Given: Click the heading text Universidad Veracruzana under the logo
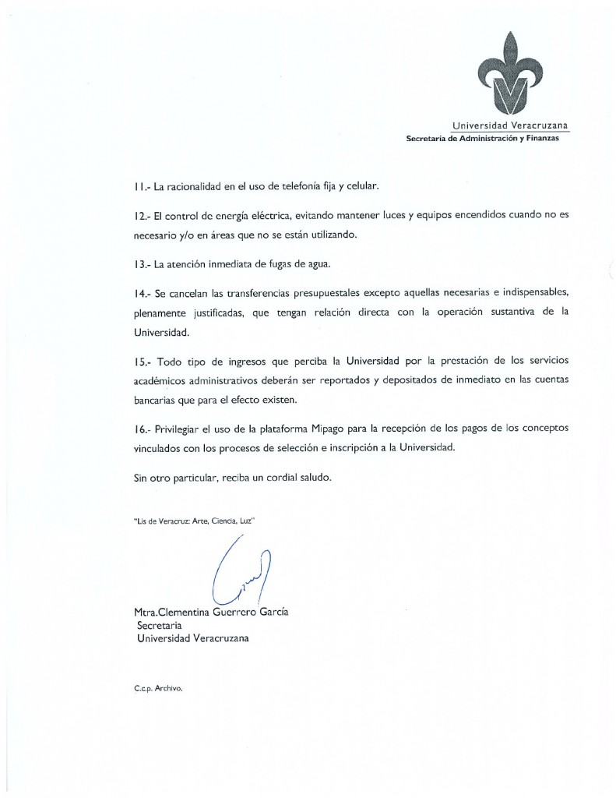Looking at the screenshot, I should pyautogui.click(x=510, y=125).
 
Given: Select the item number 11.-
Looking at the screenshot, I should pyautogui.click(x=141, y=187).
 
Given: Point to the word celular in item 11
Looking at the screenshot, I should pyautogui.click(x=361, y=187).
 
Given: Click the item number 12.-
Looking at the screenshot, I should pyautogui.click(x=142, y=214).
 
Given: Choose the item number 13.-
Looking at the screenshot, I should pyautogui.click(x=142, y=263).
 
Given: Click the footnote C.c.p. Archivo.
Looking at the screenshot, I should pyautogui.click(x=158, y=688).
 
